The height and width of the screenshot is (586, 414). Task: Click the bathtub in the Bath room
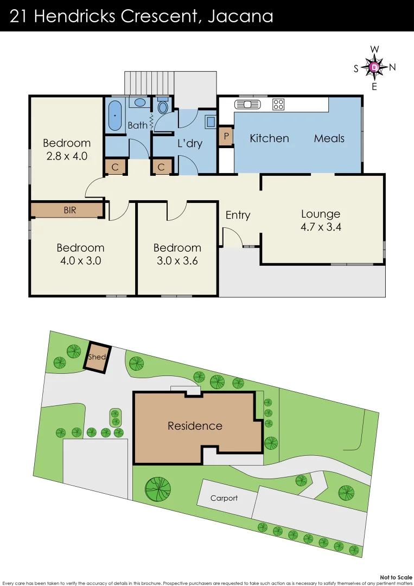[x=114, y=116]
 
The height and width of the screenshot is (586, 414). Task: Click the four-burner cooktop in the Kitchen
[x=278, y=104]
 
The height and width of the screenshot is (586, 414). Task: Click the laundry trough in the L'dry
[x=210, y=122]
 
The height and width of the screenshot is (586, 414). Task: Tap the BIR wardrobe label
[x=70, y=210]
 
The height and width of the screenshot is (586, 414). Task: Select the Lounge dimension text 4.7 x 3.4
[x=321, y=227]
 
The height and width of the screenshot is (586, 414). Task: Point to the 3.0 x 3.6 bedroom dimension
[x=177, y=260]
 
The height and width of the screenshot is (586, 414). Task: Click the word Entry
[x=238, y=215]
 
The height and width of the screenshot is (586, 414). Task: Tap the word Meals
[x=329, y=138]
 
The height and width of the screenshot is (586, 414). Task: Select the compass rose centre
[x=374, y=67]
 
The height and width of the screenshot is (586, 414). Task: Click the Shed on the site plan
[x=97, y=358]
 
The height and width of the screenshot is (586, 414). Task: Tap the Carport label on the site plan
[x=224, y=498]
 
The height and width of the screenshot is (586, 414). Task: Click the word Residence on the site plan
[x=195, y=426]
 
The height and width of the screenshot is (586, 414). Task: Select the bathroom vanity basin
[x=140, y=102]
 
